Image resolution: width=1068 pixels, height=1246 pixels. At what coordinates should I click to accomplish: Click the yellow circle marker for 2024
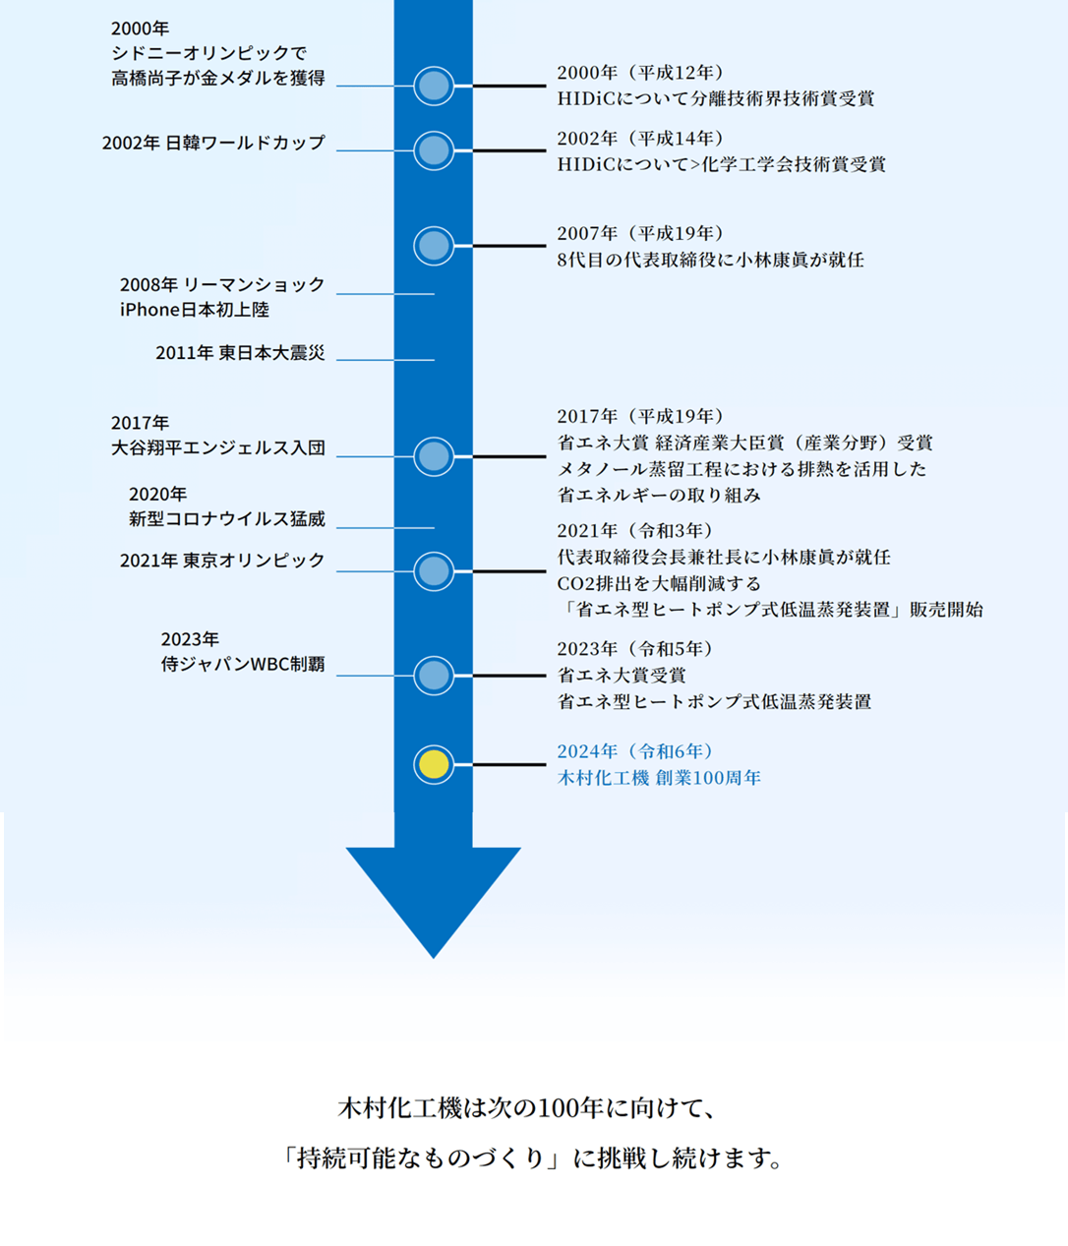tap(434, 764)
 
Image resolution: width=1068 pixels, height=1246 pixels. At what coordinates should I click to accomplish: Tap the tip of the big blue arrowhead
tap(434, 958)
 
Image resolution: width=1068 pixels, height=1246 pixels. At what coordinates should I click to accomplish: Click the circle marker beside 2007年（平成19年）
tap(434, 246)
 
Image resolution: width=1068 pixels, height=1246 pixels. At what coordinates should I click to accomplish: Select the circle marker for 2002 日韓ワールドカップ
tap(434, 150)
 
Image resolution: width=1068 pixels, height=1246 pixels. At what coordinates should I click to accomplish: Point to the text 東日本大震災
tap(271, 353)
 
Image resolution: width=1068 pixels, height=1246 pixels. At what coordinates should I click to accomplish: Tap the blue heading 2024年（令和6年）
tap(635, 751)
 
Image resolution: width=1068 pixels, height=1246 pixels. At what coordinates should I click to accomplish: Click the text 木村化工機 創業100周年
tap(659, 778)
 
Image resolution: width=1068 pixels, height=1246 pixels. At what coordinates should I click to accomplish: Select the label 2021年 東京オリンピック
tap(222, 561)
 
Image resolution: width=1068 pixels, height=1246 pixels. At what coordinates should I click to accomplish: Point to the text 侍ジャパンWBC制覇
tap(243, 664)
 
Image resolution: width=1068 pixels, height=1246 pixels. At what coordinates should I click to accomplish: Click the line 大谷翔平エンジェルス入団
tap(218, 447)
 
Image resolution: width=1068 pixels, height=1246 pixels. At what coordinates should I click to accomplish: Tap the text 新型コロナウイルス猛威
tap(227, 518)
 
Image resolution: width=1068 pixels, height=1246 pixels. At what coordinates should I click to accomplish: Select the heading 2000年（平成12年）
tap(640, 73)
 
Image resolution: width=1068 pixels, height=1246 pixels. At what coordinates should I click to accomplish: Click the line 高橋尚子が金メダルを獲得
tap(218, 78)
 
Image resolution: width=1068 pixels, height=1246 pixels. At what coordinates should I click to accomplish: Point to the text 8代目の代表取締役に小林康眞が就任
tap(711, 260)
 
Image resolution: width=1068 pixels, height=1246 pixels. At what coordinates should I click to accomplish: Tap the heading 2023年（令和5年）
tap(635, 649)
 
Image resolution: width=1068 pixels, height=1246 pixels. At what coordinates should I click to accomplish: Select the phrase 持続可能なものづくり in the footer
tap(421, 1158)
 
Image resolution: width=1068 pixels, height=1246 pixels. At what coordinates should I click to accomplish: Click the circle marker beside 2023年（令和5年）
tap(434, 676)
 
